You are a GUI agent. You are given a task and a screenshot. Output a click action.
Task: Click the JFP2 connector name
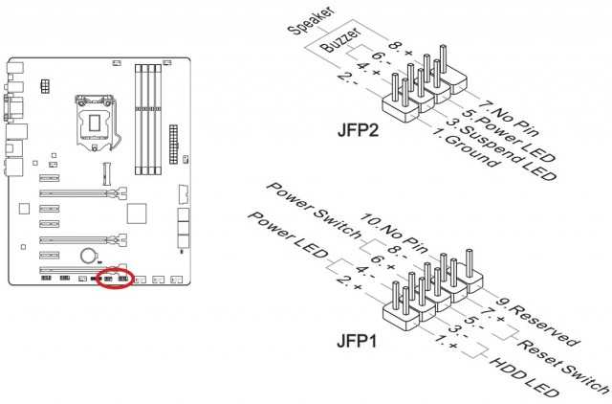click(x=358, y=130)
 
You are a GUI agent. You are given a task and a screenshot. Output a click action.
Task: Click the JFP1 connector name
click(x=357, y=342)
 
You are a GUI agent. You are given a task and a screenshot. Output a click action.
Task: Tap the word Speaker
click(x=312, y=21)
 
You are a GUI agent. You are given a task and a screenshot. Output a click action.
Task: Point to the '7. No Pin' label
click(x=508, y=119)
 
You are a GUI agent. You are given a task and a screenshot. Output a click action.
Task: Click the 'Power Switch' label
click(x=314, y=211)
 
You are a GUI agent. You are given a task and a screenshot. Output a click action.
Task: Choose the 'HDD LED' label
click(x=524, y=376)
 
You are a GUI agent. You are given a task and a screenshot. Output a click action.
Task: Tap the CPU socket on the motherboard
click(x=96, y=122)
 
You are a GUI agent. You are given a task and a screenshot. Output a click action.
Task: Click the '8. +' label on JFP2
click(x=401, y=49)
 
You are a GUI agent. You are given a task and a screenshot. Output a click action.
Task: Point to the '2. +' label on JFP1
click(x=349, y=283)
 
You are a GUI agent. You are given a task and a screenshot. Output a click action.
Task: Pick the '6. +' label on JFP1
click(x=382, y=262)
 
